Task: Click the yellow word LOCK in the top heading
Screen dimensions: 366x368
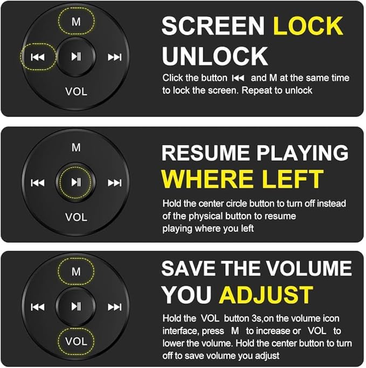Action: pos(308,26)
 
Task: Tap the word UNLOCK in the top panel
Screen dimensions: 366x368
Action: pos(215,56)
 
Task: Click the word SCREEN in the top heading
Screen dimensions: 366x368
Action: pos(213,26)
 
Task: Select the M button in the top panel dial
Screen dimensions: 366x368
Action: pos(76,22)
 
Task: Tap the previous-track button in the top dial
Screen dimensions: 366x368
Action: pos(38,57)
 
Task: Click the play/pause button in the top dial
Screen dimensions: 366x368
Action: pos(76,56)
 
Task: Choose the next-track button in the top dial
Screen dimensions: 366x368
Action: pos(114,57)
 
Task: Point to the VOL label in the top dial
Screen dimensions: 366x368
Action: pos(76,91)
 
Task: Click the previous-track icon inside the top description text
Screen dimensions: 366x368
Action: pos(238,78)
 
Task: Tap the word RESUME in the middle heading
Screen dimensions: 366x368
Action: pos(205,153)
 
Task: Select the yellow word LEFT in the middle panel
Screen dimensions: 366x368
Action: pos(292,179)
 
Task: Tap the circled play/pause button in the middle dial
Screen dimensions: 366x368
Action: pos(76,182)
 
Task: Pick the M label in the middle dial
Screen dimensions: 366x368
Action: pos(76,147)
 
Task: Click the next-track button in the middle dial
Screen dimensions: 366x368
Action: pos(114,182)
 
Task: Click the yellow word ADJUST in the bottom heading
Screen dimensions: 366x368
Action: pos(266,294)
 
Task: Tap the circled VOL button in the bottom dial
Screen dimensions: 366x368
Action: pos(76,341)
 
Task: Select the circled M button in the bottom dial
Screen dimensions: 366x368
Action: pos(76,272)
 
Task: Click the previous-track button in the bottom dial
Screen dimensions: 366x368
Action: pos(38,307)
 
